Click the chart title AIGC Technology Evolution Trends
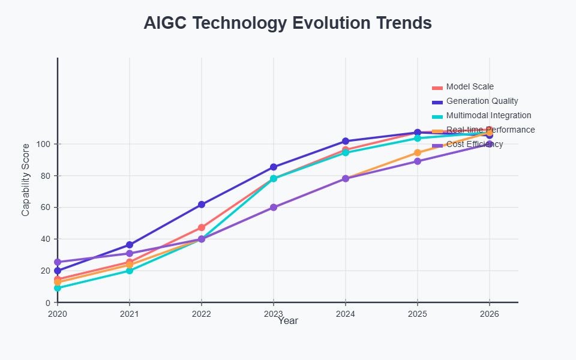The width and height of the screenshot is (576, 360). pyautogui.click(x=288, y=23)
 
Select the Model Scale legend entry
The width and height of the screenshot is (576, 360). pyautogui.click(x=470, y=87)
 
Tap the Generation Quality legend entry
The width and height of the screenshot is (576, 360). pyautogui.click(x=482, y=101)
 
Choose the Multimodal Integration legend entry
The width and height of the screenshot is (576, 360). pyautogui.click(x=488, y=116)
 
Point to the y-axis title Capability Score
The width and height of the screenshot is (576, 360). pyautogui.click(x=25, y=180)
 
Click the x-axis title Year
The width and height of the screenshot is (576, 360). pyautogui.click(x=288, y=321)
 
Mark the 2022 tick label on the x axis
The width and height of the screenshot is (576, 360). pyautogui.click(x=202, y=313)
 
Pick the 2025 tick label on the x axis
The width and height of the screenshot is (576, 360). pyautogui.click(x=418, y=313)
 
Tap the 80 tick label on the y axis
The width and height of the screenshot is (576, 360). pyautogui.click(x=44, y=176)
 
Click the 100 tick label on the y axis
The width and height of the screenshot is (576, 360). pyautogui.click(x=42, y=144)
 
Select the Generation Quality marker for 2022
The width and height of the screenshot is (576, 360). pyautogui.click(x=202, y=205)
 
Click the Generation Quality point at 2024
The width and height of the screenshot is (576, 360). pyautogui.click(x=346, y=142)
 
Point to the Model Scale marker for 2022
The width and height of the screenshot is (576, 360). pyautogui.click(x=202, y=228)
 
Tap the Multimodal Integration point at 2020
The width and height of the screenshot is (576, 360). pyautogui.click(x=58, y=288)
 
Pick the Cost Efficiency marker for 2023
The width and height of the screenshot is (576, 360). pyautogui.click(x=274, y=207)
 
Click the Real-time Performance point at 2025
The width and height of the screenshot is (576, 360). pyautogui.click(x=418, y=153)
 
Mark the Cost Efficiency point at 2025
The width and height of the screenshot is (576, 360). pyautogui.click(x=418, y=161)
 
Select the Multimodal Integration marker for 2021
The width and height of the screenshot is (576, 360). pyautogui.click(x=130, y=271)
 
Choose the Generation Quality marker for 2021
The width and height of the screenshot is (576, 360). pyautogui.click(x=130, y=245)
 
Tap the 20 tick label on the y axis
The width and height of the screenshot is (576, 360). pyautogui.click(x=44, y=271)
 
